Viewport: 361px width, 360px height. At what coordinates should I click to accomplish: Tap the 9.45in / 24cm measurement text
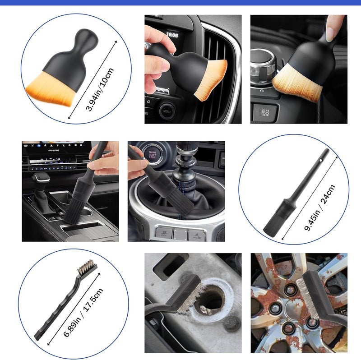coord(320,208)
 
